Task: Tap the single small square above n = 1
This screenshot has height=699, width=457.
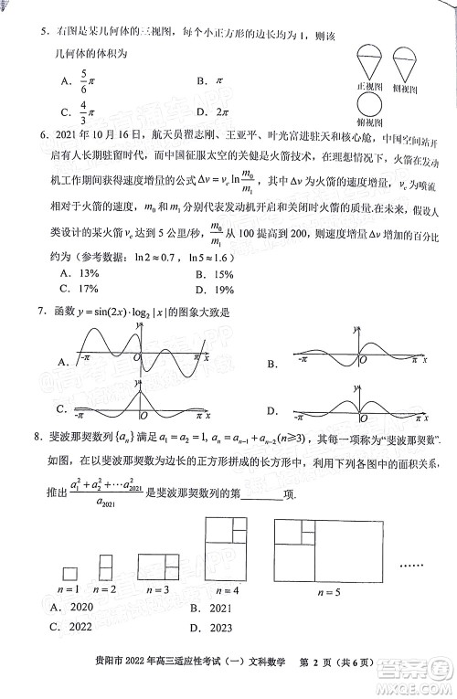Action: [x=70, y=573]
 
